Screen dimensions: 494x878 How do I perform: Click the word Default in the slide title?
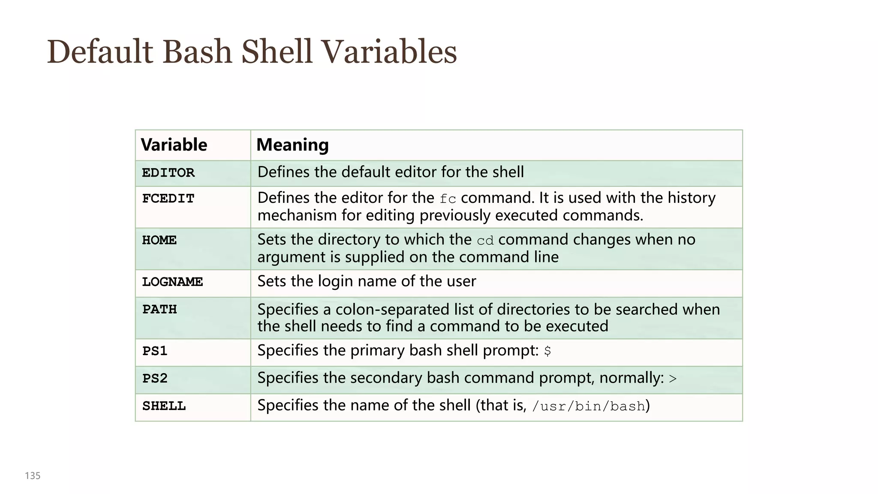coord(100,52)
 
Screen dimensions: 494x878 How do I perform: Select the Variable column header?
coord(174,145)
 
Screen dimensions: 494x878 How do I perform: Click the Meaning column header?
coord(292,145)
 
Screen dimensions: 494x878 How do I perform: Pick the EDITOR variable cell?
coord(168,173)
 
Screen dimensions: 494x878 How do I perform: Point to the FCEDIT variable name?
coord(168,199)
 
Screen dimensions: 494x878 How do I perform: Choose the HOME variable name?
coord(159,240)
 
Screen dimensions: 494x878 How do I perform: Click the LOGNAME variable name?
coord(172,282)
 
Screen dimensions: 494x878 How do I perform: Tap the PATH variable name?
coord(159,309)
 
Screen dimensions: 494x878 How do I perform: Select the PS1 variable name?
coord(155,351)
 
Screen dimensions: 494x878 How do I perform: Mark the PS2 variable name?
coord(155,379)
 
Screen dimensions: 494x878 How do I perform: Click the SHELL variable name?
coord(164,406)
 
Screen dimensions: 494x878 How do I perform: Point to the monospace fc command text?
coord(448,199)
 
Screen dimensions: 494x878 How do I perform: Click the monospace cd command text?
coord(485,241)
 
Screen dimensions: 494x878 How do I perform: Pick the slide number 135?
coord(33,476)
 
